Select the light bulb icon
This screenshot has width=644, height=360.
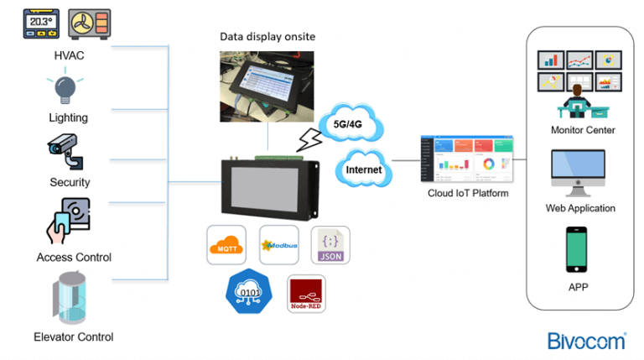click(x=66, y=88)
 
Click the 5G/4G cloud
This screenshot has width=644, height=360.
click(x=351, y=123)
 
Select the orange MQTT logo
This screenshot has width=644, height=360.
click(x=227, y=245)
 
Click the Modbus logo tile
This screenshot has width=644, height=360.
click(x=278, y=245)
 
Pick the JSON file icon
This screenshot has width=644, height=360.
click(x=330, y=245)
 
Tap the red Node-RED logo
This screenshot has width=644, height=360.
click(x=305, y=295)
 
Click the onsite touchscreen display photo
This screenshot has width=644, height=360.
click(x=267, y=87)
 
